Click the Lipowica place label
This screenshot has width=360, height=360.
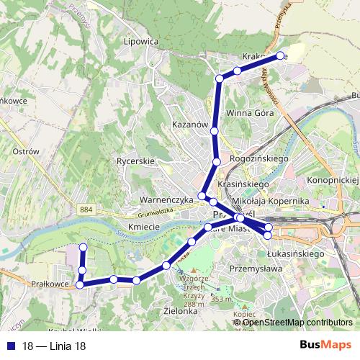(140, 42)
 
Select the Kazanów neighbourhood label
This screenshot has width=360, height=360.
(190, 125)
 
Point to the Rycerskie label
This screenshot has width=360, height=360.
(135, 161)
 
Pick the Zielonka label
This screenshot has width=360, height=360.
(181, 312)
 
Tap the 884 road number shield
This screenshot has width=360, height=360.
(87, 208)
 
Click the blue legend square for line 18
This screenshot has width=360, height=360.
(9, 346)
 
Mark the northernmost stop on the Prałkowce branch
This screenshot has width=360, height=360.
(83, 247)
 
